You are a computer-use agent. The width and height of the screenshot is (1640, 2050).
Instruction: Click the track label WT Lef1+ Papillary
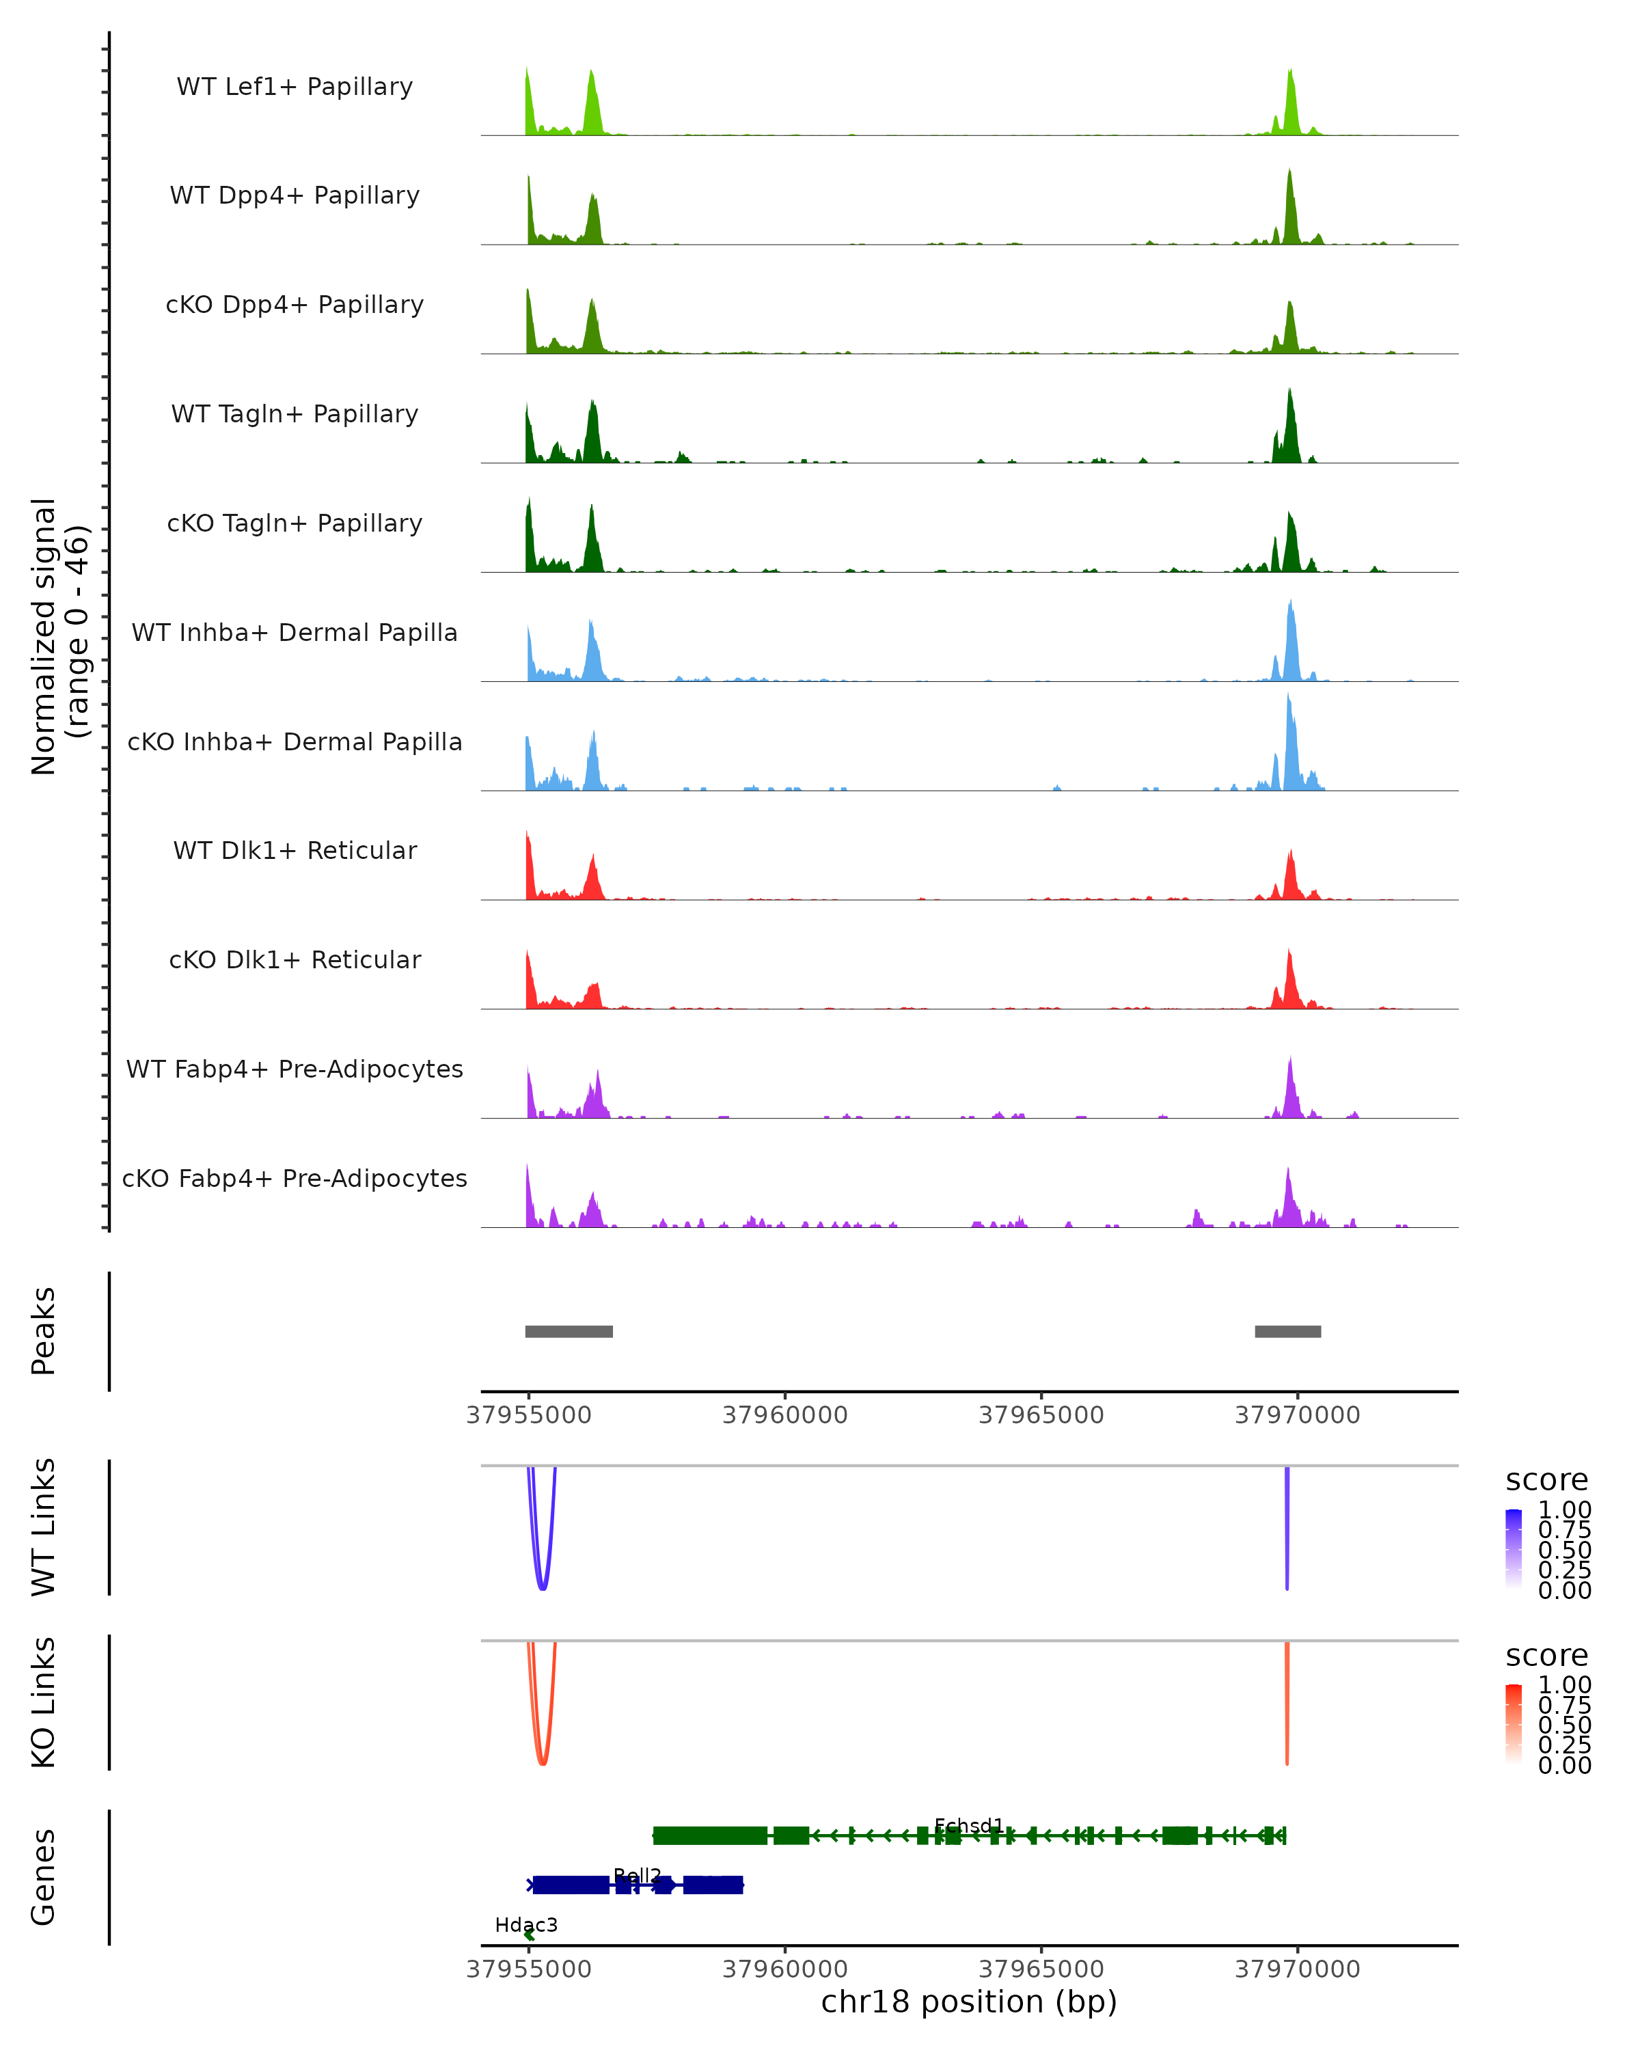295,87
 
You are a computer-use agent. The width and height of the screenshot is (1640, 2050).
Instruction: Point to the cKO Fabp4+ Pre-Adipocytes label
295,1178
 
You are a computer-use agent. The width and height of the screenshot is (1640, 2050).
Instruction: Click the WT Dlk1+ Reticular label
295,850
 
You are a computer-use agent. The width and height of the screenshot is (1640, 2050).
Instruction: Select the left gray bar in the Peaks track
569,1331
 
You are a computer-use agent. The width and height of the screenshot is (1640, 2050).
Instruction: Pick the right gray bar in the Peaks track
1287,1331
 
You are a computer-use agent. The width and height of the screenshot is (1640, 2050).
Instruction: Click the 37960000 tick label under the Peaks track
784,1415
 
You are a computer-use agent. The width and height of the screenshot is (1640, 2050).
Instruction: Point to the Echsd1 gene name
969,1826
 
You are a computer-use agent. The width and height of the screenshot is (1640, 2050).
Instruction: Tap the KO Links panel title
44,1702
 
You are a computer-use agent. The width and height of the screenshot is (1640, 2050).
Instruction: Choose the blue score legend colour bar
1514,1549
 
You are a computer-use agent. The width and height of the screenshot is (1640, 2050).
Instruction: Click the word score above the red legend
1546,1656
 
